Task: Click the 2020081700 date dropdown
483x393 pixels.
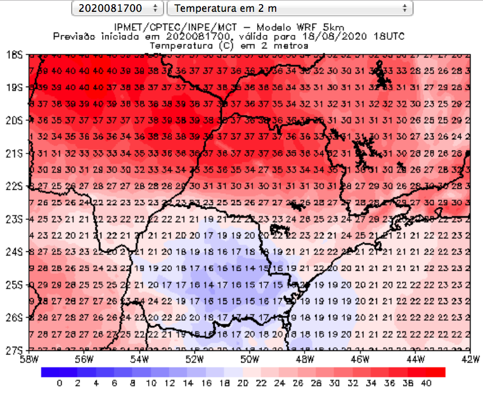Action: [x=117, y=8]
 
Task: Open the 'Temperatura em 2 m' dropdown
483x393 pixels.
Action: [x=290, y=8]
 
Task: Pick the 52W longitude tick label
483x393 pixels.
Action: [x=194, y=359]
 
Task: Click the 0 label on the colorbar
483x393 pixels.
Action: [x=59, y=384]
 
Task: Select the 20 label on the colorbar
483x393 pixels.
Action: [x=243, y=384]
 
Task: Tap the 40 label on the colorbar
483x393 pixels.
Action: [x=427, y=384]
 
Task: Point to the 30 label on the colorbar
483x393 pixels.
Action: [x=335, y=384]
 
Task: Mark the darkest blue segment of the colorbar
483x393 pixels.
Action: [x=50, y=372]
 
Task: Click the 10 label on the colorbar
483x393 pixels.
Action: [x=151, y=384]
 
